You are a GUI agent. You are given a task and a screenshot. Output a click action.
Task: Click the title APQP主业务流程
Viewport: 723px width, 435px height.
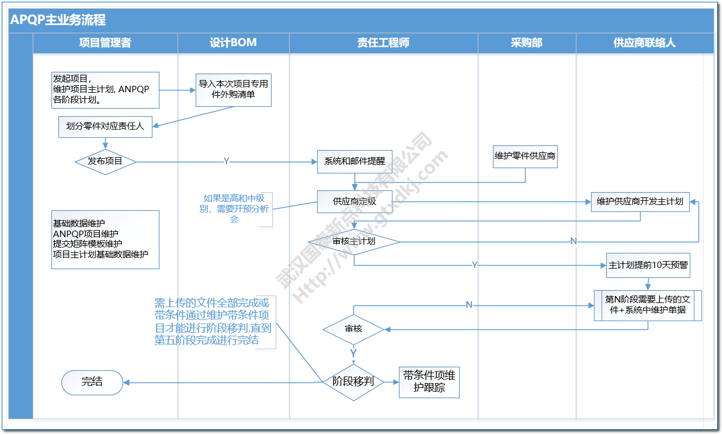pyautogui.click(x=58, y=20)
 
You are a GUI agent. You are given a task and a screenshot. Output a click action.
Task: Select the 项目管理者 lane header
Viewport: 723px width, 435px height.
pyautogui.click(x=105, y=43)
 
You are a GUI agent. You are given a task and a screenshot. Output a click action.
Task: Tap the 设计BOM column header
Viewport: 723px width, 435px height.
pyautogui.click(x=233, y=43)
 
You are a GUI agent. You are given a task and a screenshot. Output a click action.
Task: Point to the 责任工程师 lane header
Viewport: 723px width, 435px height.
pyautogui.click(x=383, y=43)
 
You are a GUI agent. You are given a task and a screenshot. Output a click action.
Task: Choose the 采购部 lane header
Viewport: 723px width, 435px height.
pyautogui.click(x=526, y=43)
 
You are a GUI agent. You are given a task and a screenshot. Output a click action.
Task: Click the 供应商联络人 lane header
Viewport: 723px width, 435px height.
pyautogui.click(x=644, y=43)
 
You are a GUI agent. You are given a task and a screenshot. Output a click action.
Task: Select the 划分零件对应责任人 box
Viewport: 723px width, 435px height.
pyautogui.click(x=105, y=127)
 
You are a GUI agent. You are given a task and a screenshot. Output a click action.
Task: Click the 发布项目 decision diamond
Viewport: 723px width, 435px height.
pyautogui.click(x=105, y=161)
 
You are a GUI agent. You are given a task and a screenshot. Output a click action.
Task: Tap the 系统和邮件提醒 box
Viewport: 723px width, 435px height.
pyautogui.click(x=354, y=162)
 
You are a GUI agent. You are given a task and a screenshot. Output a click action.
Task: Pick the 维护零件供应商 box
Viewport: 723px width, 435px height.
pyautogui.click(x=525, y=156)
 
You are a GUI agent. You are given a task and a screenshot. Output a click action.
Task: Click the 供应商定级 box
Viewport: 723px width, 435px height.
pyautogui.click(x=354, y=201)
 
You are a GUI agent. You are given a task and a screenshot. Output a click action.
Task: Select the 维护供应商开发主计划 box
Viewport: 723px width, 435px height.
pyautogui.click(x=640, y=201)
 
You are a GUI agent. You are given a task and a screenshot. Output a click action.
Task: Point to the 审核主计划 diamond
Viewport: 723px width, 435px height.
pyautogui.click(x=354, y=241)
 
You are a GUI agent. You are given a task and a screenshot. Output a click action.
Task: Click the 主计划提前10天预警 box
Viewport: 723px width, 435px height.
pyautogui.click(x=648, y=265)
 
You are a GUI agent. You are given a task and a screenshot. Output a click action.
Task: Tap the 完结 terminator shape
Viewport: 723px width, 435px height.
pyautogui.click(x=92, y=382)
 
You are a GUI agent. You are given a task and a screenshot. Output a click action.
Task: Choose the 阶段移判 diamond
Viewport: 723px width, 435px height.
pyautogui.click(x=353, y=382)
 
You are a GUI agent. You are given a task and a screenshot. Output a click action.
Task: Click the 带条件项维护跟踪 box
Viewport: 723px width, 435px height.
pyautogui.click(x=429, y=382)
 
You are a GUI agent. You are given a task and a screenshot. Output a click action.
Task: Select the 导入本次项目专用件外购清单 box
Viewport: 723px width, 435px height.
pyautogui.click(x=233, y=89)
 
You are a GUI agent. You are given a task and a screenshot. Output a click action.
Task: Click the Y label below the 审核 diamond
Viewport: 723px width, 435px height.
pyautogui.click(x=353, y=353)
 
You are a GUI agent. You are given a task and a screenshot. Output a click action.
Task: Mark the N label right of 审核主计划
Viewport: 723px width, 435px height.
pyautogui.click(x=573, y=241)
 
